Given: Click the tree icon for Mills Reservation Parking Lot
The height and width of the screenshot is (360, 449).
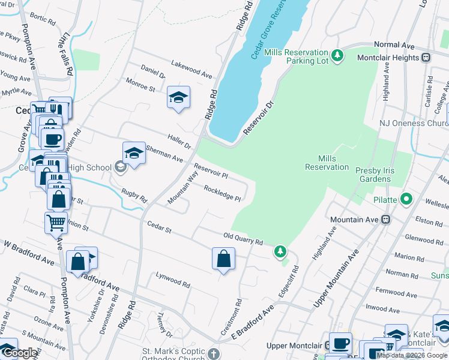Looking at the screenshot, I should tap(337, 55).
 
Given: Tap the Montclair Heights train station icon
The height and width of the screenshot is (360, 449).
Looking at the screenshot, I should tap(426, 58).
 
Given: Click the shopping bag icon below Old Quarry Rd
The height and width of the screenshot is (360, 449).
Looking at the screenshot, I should tap(223, 259).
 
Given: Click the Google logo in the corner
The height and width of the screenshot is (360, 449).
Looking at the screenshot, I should tap(20, 353).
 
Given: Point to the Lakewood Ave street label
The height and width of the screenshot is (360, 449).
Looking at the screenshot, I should tap(191, 68).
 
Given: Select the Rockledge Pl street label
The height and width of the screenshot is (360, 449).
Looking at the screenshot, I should tap(222, 193).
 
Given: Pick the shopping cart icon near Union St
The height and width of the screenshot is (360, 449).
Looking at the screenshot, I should tap(56, 222).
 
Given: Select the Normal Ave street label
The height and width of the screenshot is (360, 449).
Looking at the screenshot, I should tap(394, 45).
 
